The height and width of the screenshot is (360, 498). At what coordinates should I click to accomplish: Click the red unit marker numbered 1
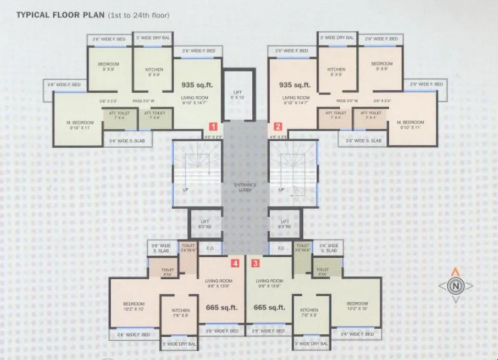(x=212, y=127)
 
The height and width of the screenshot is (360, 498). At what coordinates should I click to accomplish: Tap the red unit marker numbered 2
(x=278, y=127)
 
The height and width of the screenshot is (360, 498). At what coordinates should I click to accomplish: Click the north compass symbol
(x=455, y=285)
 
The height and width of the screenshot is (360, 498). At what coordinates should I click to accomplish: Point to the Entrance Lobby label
(x=246, y=187)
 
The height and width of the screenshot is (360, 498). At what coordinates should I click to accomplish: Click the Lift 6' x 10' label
(x=237, y=94)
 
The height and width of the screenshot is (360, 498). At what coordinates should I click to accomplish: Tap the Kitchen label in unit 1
(x=154, y=72)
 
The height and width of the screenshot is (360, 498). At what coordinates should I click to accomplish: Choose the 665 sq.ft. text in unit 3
(x=269, y=307)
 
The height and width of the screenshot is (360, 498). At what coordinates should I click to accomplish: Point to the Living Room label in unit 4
(x=218, y=283)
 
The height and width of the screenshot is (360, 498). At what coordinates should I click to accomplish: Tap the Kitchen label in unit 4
(x=181, y=313)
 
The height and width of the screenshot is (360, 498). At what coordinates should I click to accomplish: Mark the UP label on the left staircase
(x=185, y=190)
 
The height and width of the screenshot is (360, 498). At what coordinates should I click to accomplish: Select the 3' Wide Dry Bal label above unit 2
(x=337, y=38)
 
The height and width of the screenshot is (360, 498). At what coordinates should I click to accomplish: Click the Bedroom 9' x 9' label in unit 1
(x=108, y=66)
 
